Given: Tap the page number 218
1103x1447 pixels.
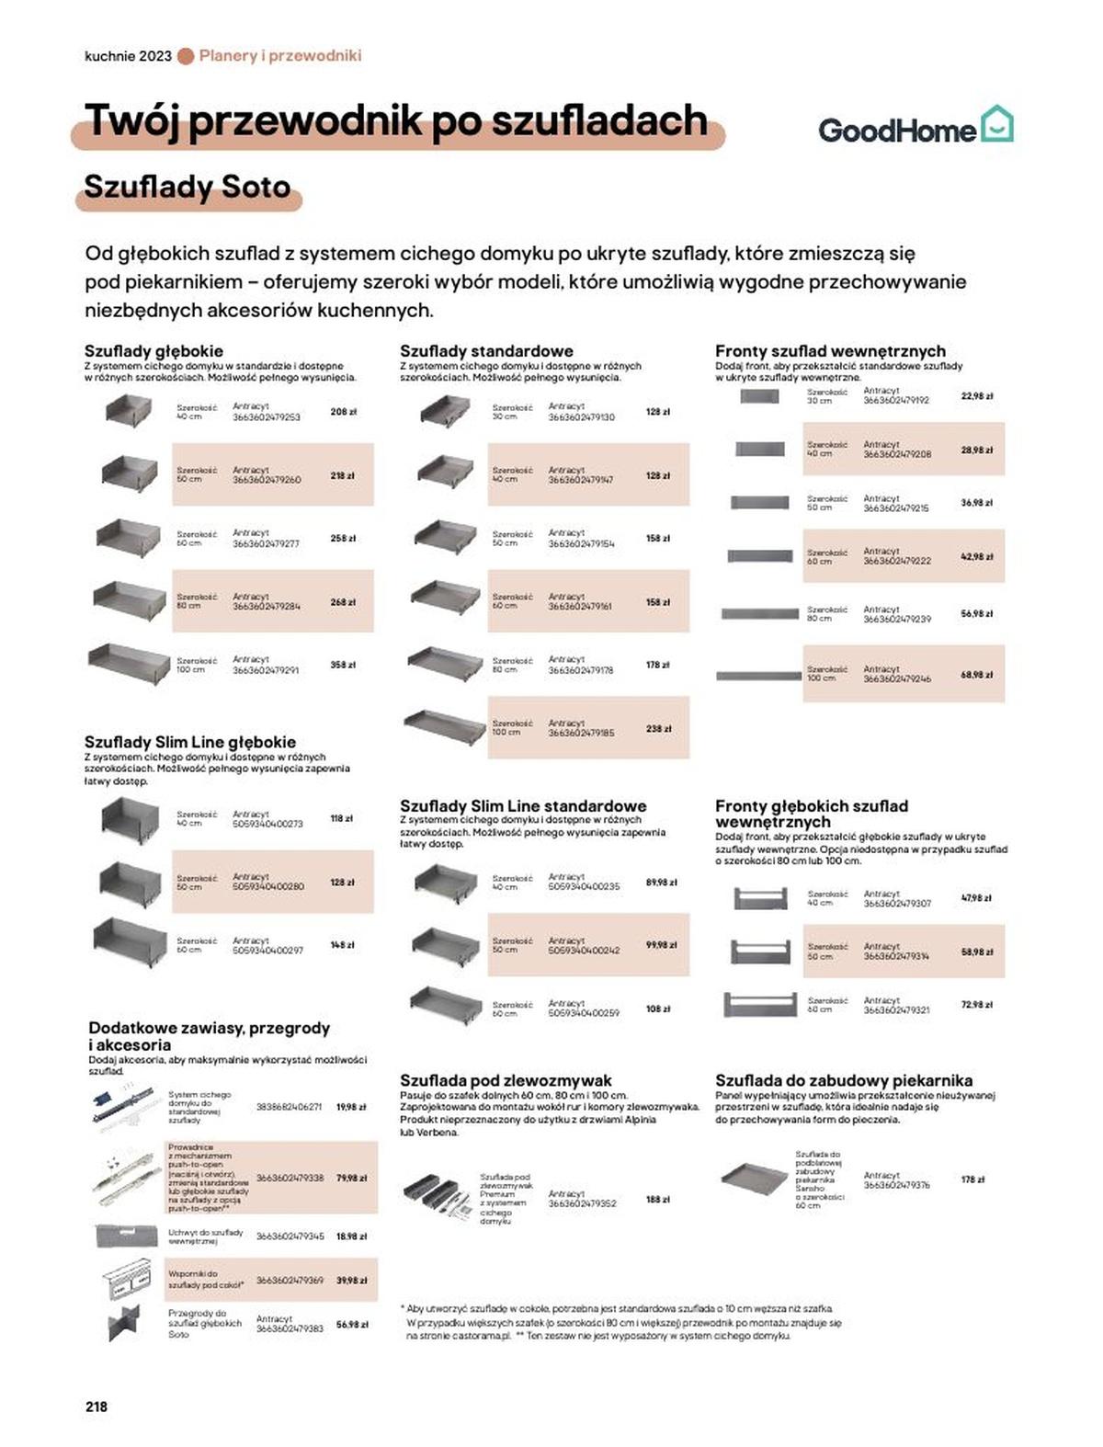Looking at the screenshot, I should (x=97, y=1406).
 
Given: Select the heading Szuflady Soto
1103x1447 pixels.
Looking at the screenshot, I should (x=188, y=187).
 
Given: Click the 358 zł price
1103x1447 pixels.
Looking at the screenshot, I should (x=343, y=665).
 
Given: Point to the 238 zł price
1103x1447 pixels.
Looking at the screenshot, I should (x=658, y=728).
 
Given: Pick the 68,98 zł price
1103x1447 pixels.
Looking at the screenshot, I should (x=976, y=675).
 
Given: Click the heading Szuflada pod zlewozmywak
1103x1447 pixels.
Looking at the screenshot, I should (x=506, y=1080).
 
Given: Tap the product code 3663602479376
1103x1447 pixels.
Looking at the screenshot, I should (x=896, y=1185).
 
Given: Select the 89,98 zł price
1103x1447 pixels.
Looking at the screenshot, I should (x=661, y=883).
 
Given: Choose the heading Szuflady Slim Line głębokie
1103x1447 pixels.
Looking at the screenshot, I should (x=190, y=742).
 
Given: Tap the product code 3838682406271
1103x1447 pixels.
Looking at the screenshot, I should (x=289, y=1108).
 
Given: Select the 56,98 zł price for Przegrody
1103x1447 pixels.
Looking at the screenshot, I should (x=352, y=1325).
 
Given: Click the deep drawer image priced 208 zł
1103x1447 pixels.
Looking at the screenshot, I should (x=129, y=410).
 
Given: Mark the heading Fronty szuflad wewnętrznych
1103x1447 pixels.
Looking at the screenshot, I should (x=830, y=350).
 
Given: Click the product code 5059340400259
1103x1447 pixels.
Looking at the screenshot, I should (x=584, y=1013).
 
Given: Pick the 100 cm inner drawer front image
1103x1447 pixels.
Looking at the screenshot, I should (x=758, y=676).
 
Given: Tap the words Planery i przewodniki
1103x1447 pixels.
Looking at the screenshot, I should (x=280, y=56).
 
